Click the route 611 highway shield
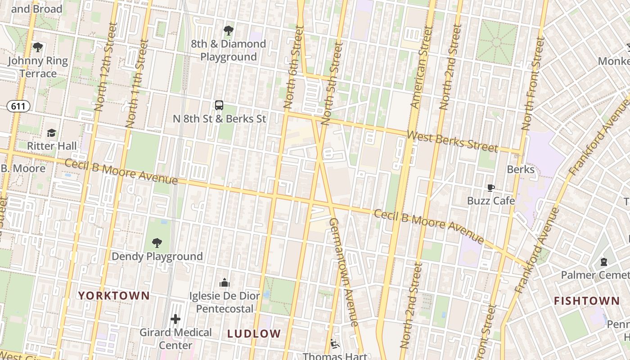point(18,106)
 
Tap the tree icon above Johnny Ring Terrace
point(38,47)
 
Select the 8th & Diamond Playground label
point(228,50)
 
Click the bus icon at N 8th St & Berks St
point(219,105)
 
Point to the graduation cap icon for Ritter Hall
point(52,133)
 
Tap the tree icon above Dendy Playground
point(157,243)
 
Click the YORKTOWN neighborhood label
point(114,296)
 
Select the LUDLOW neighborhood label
point(254,334)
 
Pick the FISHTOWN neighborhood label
point(586,301)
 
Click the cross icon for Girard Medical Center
point(175,319)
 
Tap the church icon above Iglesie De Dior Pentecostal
point(224,283)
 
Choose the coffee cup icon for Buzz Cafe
point(490,188)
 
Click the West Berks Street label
point(452,141)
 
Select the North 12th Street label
point(106,67)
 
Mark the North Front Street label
point(533,83)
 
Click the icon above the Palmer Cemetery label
point(604,261)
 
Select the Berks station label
point(521,170)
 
